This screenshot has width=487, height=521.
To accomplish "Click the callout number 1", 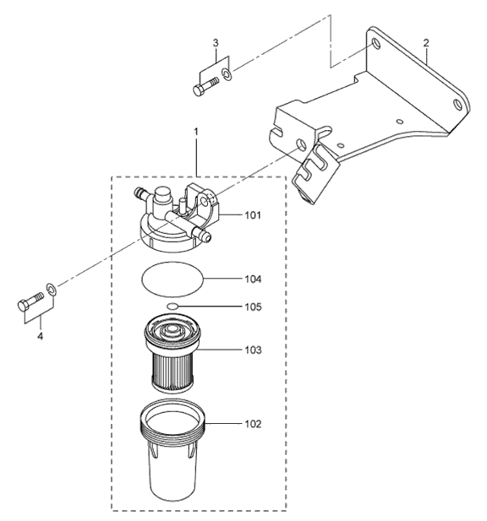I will tap(196, 133).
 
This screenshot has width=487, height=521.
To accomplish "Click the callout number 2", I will tap(427, 42).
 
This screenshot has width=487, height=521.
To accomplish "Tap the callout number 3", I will tap(216, 42).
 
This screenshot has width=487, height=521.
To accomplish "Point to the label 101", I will tap(254, 215).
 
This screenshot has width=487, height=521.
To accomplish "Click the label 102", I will tap(254, 423).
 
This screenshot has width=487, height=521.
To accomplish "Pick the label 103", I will tap(254, 349).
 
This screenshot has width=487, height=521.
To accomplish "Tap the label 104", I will tap(254, 279).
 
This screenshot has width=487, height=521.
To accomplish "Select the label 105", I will tap(254, 307).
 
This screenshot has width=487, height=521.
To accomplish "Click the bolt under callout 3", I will tap(205, 85).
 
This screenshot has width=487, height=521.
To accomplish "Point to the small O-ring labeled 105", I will tap(172, 307).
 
